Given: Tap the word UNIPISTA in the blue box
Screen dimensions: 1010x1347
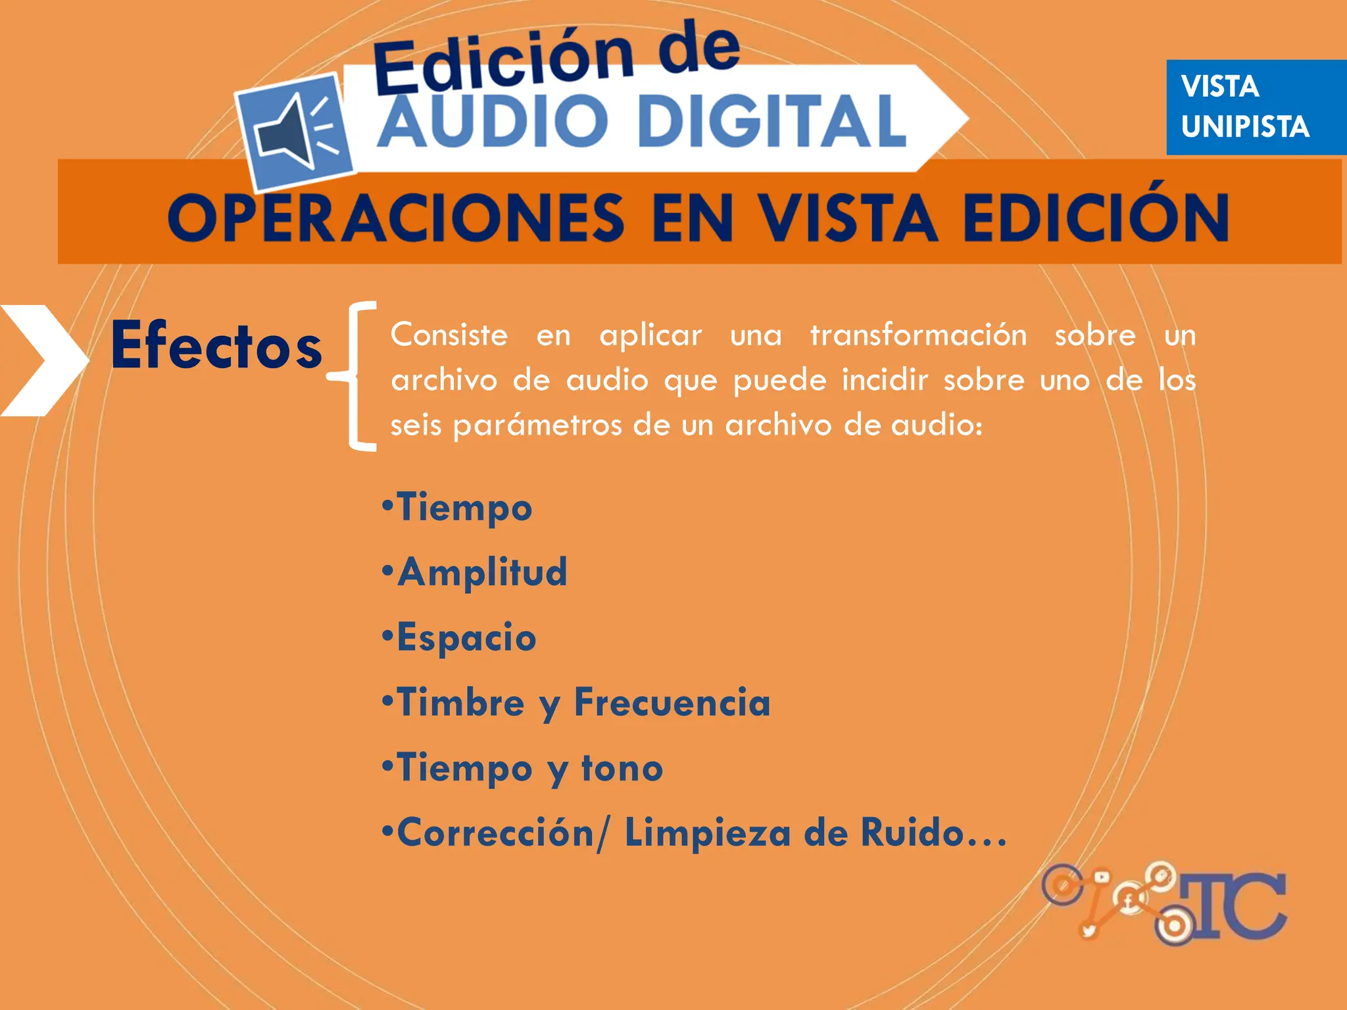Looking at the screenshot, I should [1244, 126].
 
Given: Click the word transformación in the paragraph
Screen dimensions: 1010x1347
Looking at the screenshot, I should [918, 335].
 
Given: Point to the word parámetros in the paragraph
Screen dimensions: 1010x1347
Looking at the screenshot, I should [537, 425].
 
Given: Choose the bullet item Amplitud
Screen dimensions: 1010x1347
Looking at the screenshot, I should [481, 571].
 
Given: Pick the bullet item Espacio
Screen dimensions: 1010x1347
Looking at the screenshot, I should [466, 637].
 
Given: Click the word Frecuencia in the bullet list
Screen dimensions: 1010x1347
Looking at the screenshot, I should [672, 702].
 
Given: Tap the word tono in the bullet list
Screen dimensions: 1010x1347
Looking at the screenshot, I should [622, 768].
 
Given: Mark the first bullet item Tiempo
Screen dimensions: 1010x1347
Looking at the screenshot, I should [464, 508].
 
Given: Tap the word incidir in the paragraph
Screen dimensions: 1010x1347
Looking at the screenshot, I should [885, 380].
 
